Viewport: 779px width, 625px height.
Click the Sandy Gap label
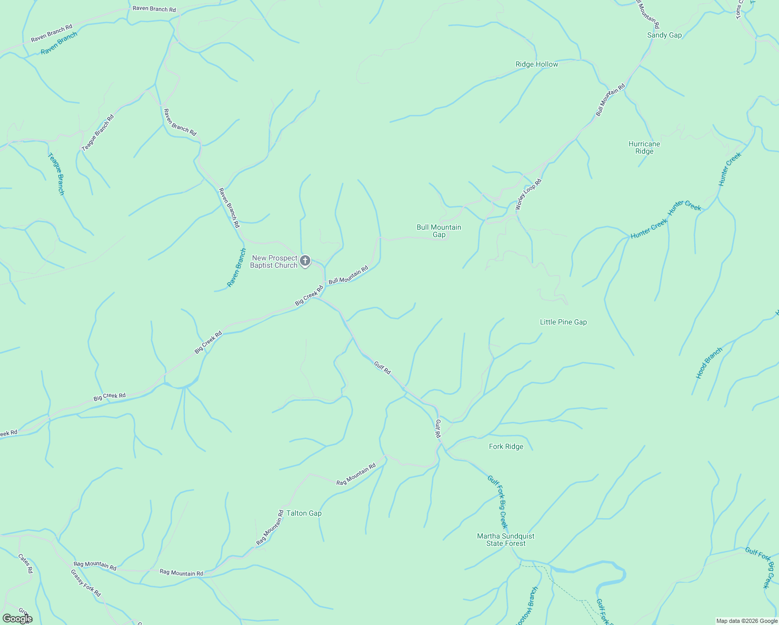click(664, 35)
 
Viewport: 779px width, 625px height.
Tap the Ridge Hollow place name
click(536, 65)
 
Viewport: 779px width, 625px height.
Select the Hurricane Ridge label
click(644, 148)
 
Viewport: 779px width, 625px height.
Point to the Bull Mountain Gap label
click(439, 231)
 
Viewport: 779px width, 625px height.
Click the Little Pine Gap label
click(563, 322)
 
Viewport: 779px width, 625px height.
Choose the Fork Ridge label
click(506, 447)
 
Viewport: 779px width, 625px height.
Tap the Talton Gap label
click(304, 514)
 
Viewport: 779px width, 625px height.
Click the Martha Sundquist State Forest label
click(506, 540)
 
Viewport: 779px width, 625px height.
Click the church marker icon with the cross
click(305, 260)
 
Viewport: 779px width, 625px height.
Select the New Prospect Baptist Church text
click(274, 261)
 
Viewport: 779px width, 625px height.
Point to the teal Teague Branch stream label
click(56, 174)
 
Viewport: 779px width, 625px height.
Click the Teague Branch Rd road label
click(98, 133)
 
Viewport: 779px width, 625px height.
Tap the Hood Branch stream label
click(709, 363)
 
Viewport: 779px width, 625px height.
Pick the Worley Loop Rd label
click(529, 194)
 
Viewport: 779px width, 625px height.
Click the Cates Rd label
click(26, 564)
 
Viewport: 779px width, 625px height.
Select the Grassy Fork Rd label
click(86, 583)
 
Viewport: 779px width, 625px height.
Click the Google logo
click(17, 619)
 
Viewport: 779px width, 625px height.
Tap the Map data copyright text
click(747, 621)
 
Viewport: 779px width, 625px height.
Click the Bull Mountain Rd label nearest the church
click(348, 275)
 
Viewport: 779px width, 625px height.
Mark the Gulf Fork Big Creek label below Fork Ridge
click(497, 502)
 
